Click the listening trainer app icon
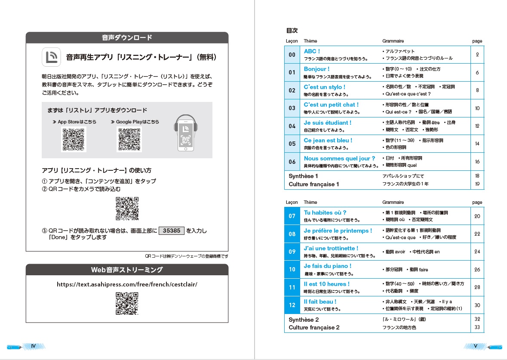51,57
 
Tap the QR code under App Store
74,139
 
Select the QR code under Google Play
129,139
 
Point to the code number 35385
172,231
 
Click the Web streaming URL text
127,284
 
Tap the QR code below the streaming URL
127,303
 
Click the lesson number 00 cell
292,55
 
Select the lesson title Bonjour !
316,69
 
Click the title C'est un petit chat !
331,105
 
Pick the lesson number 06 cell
292,162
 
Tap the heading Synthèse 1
304,176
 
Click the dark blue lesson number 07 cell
292,216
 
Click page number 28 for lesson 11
477,287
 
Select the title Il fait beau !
320,302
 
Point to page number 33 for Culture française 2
477,328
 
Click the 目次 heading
292,31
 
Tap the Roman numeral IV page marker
33,345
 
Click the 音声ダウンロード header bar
127,37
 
